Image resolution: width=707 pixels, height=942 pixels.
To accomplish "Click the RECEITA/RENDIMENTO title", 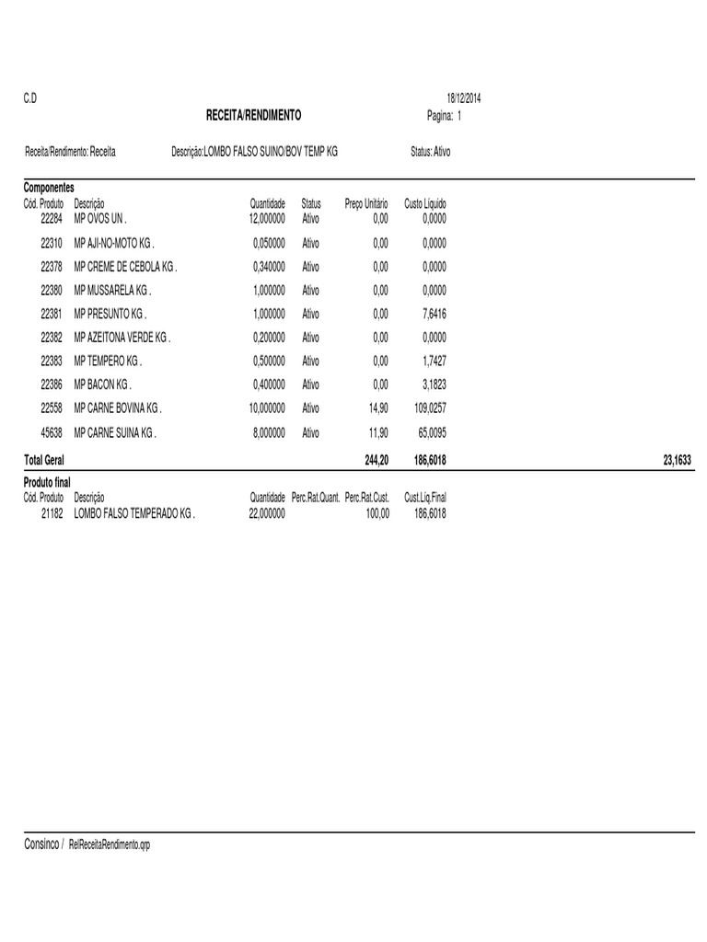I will point(253,116).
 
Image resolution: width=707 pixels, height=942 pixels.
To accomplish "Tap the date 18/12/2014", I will point(464,98).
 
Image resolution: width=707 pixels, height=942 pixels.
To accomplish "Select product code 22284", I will point(52,220).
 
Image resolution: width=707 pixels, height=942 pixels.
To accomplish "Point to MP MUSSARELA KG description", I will point(112,291).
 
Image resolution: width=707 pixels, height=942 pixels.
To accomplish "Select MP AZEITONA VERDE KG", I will point(122,338).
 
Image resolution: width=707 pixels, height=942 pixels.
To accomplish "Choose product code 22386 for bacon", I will point(52,385).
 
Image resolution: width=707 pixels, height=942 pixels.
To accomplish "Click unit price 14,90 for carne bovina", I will point(378,408).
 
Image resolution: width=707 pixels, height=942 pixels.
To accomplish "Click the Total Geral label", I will point(43,459).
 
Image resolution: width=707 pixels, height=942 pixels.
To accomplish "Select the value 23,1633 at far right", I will point(677,459).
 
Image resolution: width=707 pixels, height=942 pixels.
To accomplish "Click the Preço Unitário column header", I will point(366,203).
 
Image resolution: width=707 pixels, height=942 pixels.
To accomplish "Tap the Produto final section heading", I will point(47,482).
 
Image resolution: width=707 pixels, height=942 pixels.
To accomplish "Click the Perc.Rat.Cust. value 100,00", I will point(377,514).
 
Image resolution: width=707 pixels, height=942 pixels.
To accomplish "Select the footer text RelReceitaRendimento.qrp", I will point(109,844).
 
